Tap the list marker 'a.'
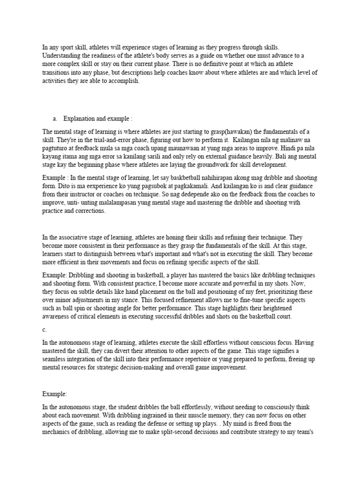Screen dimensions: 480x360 (55, 118)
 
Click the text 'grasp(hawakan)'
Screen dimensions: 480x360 (230, 131)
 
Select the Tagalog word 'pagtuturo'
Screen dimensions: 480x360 (55, 148)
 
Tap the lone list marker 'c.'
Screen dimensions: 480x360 (45, 330)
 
